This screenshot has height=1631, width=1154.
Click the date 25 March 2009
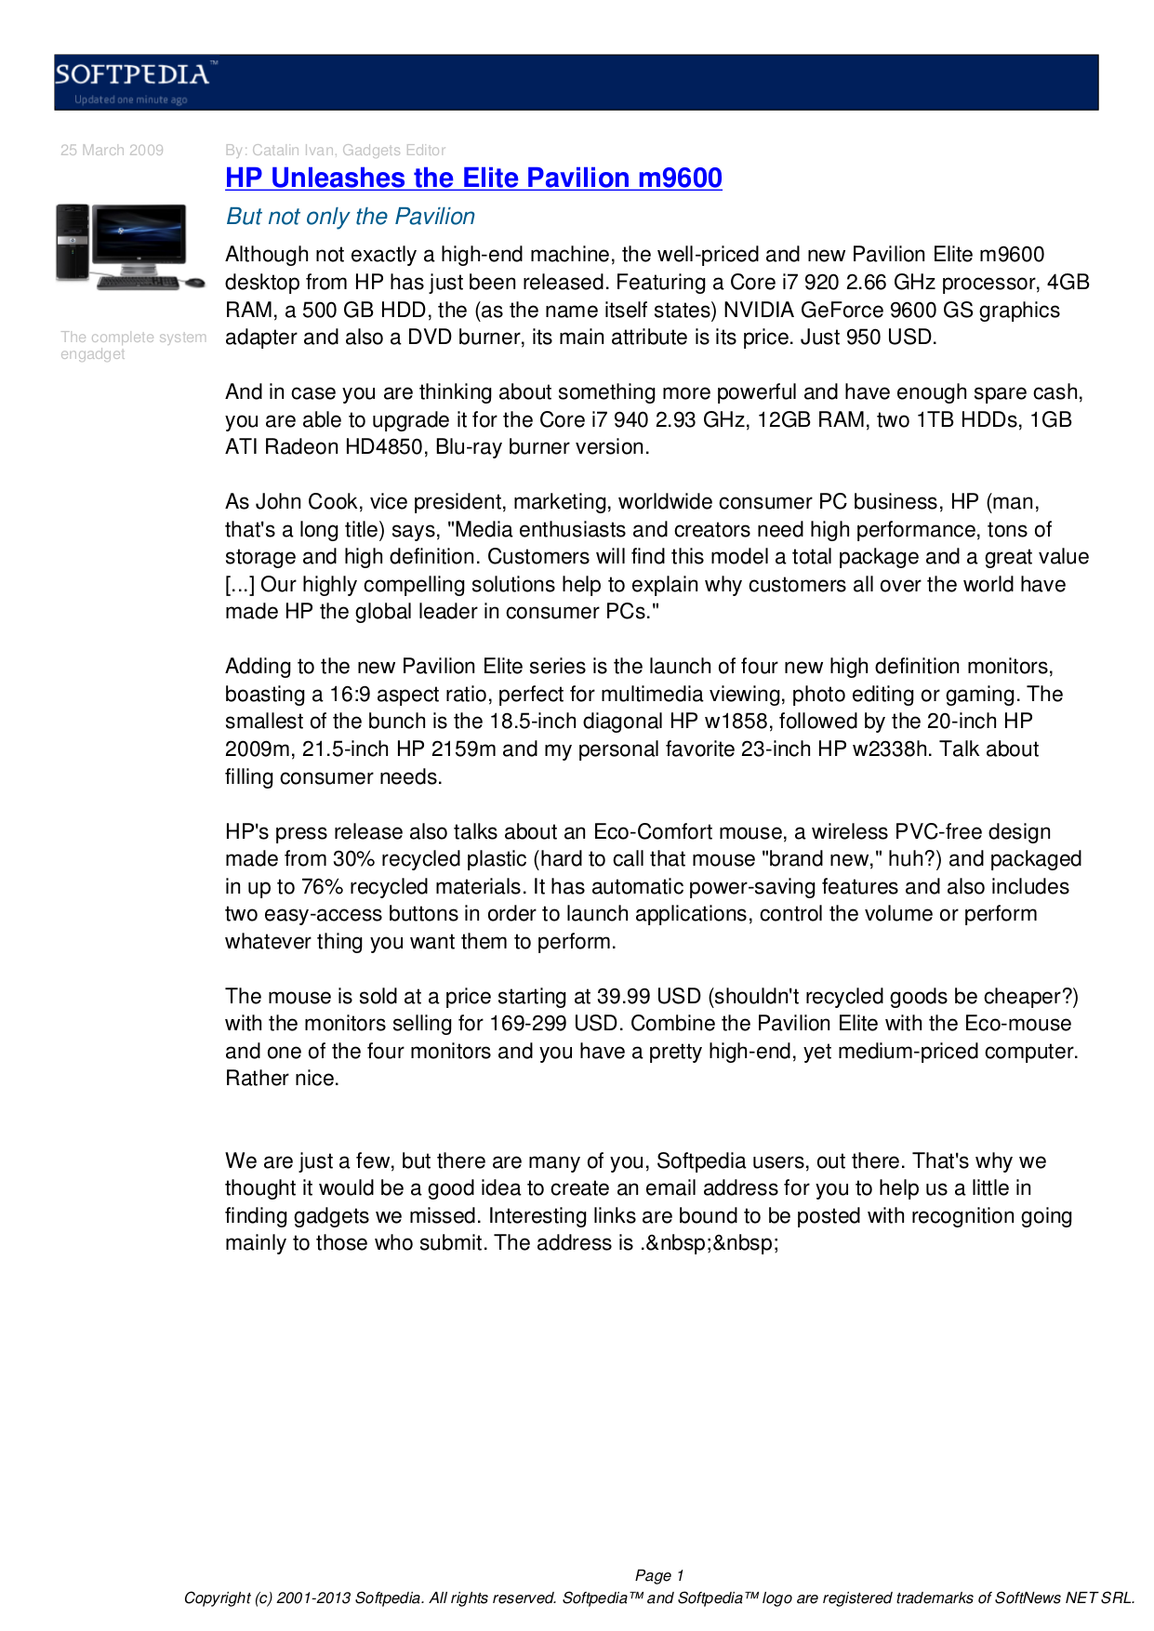pos(112,151)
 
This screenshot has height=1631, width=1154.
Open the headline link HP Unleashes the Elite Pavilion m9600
pos(473,179)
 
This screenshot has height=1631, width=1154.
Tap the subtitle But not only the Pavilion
pos(351,217)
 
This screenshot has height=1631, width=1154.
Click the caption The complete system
pos(133,338)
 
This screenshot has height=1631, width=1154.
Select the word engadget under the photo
pos(92,354)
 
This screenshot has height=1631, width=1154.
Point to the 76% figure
pos(322,887)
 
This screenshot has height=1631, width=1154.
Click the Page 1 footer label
pos(659,1576)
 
